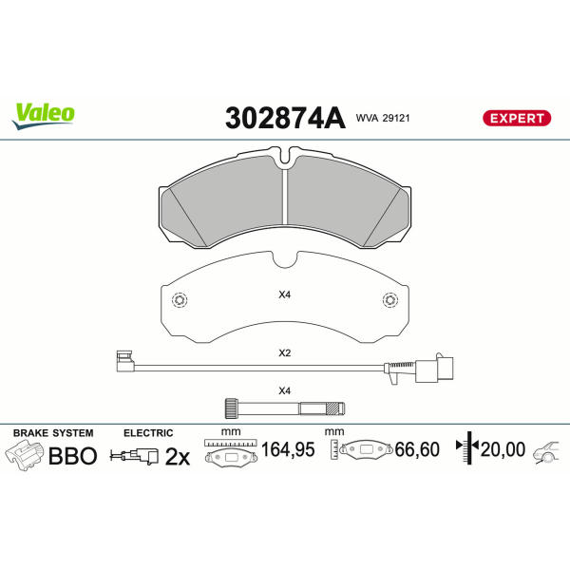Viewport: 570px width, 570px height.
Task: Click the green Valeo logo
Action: [x=44, y=116]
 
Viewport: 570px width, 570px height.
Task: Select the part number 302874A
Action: [x=285, y=118]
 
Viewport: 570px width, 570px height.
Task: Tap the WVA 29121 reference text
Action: [x=383, y=118]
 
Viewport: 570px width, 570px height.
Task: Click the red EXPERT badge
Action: [x=517, y=119]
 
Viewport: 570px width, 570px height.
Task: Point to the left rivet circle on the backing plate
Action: [x=180, y=300]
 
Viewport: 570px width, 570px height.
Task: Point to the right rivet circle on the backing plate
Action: [x=390, y=300]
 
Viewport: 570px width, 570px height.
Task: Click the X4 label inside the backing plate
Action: [x=285, y=294]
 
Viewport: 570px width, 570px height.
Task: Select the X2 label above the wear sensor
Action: [x=285, y=353]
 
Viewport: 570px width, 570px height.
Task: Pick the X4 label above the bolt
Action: [x=285, y=391]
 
